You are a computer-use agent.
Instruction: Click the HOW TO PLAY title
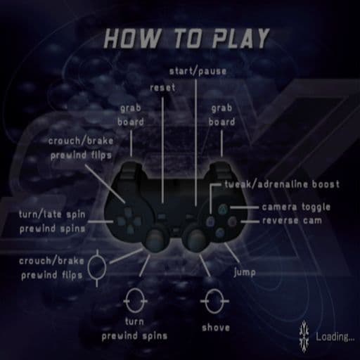point(187,39)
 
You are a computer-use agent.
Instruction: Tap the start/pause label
point(198,71)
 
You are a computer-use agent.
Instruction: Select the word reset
point(162,88)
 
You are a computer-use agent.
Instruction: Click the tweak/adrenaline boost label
point(282,184)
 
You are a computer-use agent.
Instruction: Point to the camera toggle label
point(296,207)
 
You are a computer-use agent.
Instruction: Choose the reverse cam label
point(292,221)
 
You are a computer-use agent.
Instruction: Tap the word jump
point(245,272)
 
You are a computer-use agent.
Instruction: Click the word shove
point(216,328)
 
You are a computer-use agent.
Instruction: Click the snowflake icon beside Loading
point(304,336)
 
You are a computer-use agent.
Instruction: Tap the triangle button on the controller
point(222,209)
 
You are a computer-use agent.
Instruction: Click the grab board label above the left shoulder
point(131,115)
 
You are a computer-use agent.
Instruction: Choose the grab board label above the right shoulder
point(221,115)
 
